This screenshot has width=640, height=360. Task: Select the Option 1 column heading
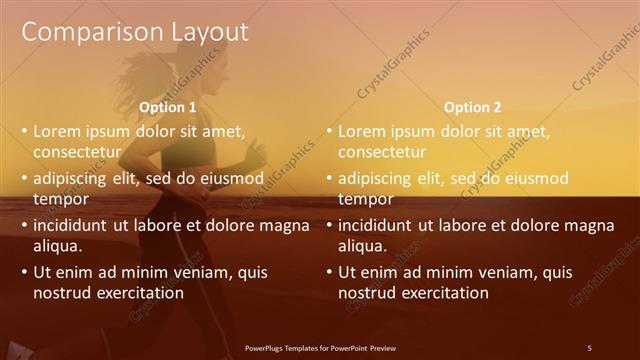[x=167, y=107]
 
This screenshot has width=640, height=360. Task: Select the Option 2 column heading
[x=472, y=107]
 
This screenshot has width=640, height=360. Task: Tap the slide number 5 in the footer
[x=589, y=348]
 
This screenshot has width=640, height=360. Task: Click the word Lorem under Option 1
[x=57, y=131]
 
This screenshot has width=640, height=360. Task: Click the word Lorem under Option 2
[x=362, y=131]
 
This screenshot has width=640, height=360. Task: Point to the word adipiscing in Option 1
[x=72, y=178]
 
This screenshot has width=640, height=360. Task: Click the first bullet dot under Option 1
[x=24, y=132]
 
